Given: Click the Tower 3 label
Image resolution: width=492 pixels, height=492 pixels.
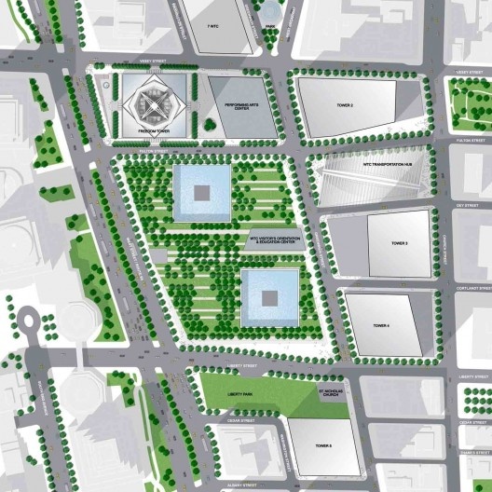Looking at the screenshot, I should coord(399,243).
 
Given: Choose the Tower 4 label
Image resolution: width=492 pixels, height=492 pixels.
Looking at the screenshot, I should coord(381,325).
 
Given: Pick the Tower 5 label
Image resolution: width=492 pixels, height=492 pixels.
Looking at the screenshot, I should coord(322,446).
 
